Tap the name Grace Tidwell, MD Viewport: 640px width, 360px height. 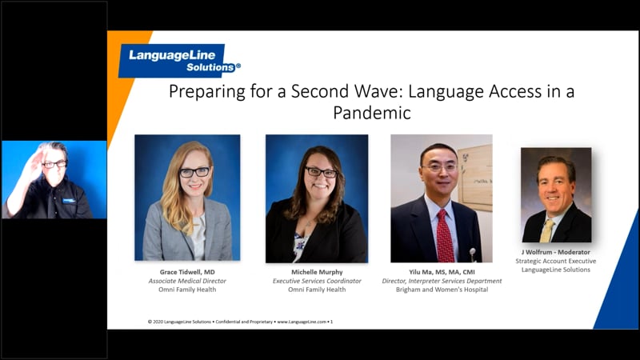[x=186, y=272]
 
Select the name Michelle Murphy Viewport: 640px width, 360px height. [x=318, y=272]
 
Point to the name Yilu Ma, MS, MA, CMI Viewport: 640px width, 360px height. [x=441, y=272]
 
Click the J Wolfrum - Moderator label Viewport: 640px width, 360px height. [x=555, y=252]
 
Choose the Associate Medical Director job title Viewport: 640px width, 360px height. [x=186, y=281]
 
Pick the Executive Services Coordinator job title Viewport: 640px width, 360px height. [x=318, y=281]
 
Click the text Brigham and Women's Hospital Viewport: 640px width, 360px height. [x=441, y=290]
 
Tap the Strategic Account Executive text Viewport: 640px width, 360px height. [x=555, y=261]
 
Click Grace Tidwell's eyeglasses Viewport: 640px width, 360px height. [x=194, y=171]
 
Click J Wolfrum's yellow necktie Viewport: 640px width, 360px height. [x=547, y=230]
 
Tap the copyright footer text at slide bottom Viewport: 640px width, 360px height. [x=240, y=322]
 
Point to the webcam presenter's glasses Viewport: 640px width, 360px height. [x=54, y=163]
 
